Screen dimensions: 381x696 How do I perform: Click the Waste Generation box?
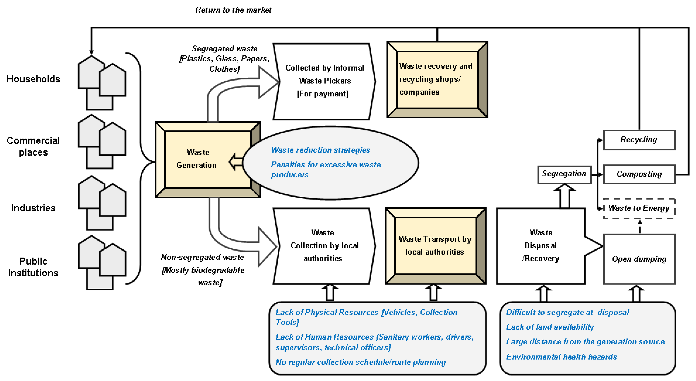(x=208, y=159)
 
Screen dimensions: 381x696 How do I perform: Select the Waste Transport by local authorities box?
(x=435, y=245)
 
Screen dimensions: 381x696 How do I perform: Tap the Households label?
(x=33, y=79)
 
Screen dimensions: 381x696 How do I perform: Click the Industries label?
(x=33, y=208)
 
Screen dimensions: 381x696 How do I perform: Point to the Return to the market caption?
(x=233, y=10)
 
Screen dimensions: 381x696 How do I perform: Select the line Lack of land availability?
(x=550, y=327)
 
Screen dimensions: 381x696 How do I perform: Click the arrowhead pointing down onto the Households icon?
(x=91, y=52)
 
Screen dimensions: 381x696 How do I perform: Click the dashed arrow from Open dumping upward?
(x=640, y=227)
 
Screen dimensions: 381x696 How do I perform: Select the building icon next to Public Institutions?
(x=102, y=262)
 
